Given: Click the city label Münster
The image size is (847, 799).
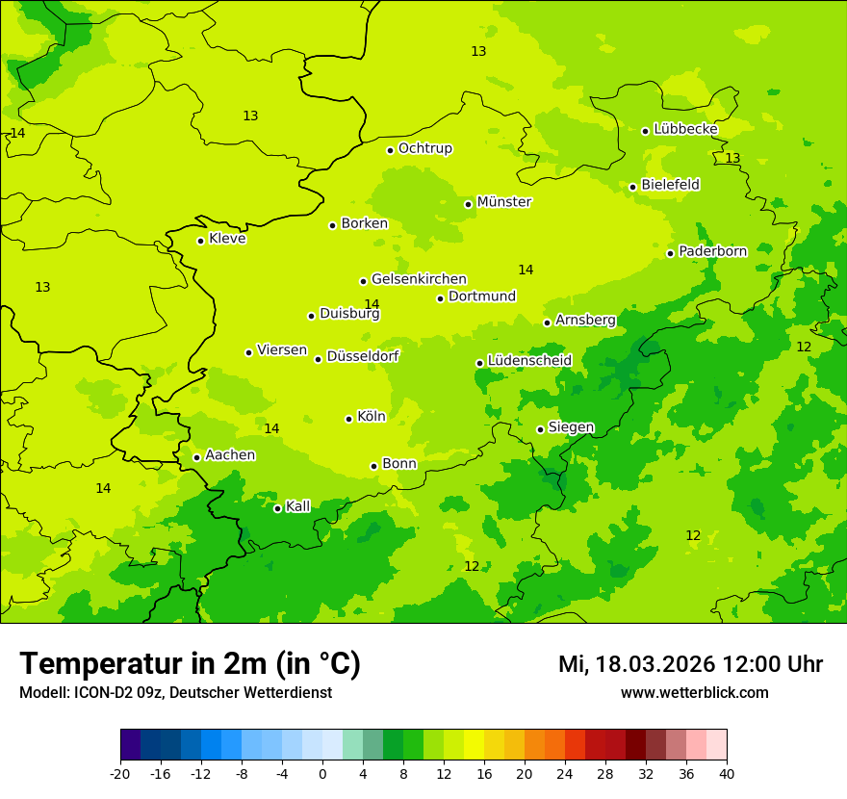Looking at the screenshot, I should [503, 202].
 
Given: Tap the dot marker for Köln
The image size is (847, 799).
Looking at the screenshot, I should [348, 419].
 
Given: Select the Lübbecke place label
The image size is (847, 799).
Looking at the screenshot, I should [685, 129].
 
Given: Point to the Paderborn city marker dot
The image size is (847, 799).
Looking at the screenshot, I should [670, 253].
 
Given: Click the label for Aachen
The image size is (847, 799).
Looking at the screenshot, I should [230, 455].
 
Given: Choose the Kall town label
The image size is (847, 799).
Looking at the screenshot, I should [298, 506].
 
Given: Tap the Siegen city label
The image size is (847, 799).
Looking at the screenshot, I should [571, 427].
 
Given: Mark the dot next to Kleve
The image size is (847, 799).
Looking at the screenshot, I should [200, 241].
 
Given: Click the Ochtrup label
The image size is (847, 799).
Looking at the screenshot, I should [424, 148].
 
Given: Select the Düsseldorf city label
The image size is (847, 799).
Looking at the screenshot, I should [362, 356].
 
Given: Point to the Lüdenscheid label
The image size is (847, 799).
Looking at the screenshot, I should [529, 361].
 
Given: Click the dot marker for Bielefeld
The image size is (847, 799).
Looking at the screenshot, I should [632, 187].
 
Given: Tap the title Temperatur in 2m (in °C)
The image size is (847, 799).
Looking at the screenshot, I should [190, 664].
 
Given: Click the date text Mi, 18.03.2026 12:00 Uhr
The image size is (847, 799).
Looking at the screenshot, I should [690, 664].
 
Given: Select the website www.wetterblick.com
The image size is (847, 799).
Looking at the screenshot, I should [694, 693].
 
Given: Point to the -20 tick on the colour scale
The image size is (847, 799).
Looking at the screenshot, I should [120, 773].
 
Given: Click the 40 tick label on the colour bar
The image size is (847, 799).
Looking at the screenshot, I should [727, 773].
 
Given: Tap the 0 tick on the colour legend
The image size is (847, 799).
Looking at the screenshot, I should [322, 773].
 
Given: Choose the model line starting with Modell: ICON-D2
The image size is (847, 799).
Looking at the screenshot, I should [175, 693].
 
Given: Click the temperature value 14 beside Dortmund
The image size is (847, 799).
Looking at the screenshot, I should [526, 271].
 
